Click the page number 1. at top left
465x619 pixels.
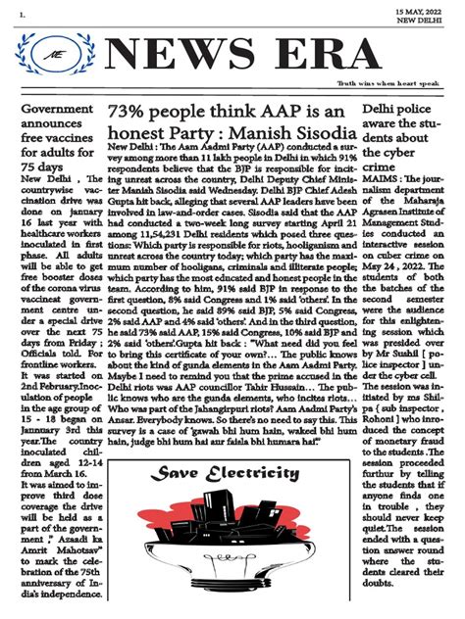tap(9, 13)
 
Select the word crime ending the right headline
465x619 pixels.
tap(384, 168)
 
